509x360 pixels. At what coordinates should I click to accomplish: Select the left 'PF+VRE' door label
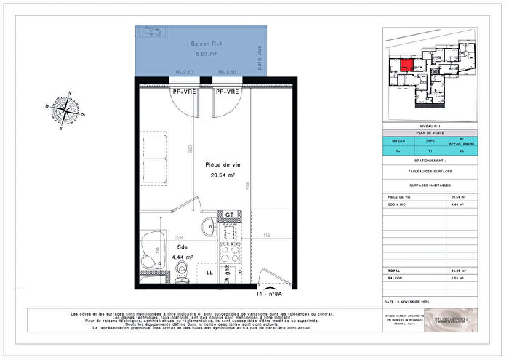point(184,92)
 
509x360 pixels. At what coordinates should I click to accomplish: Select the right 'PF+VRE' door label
point(227,92)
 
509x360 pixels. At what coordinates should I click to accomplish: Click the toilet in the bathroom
point(182,269)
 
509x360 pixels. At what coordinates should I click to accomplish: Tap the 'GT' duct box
point(229,215)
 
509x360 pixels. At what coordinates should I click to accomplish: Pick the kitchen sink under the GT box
point(230,233)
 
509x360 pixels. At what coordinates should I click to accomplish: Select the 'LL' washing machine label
point(209,273)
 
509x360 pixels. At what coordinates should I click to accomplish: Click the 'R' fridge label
point(239,273)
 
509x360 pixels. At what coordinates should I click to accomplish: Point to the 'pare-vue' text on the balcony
point(259,58)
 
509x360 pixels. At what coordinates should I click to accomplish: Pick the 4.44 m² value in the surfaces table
point(457,205)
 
